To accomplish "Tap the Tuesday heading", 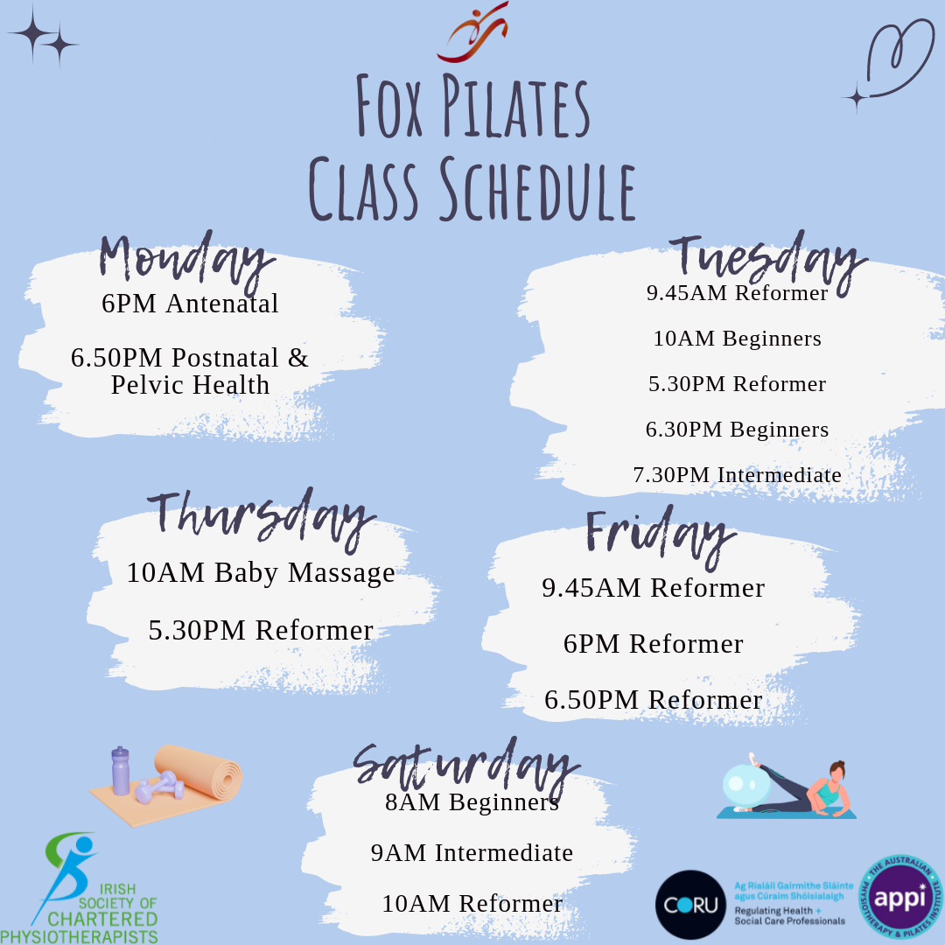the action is [768, 262].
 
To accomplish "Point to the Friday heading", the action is [661, 536].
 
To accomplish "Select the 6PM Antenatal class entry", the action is [190, 303].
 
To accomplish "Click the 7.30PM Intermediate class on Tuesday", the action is [737, 474].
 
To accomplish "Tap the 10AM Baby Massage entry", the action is [261, 572].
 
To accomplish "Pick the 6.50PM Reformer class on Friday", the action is [654, 700].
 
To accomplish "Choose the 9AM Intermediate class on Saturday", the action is [472, 853].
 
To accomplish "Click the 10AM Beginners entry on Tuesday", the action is [737, 338].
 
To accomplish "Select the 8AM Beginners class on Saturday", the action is [472, 802].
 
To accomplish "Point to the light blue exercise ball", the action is [745, 785].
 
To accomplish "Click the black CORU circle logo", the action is [690, 905].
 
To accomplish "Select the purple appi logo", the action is [901, 897].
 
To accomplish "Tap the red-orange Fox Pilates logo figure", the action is [473, 33].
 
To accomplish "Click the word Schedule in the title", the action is [537, 189].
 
